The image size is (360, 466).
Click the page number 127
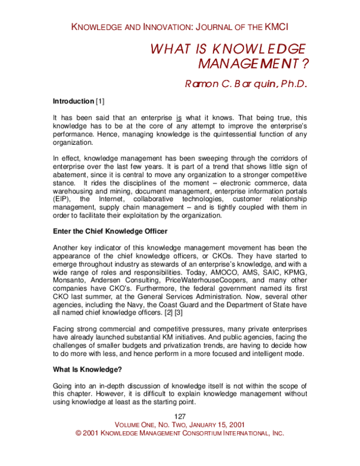pyautogui.click(x=179, y=416)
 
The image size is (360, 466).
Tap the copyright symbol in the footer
pyautogui.click(x=78, y=433)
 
